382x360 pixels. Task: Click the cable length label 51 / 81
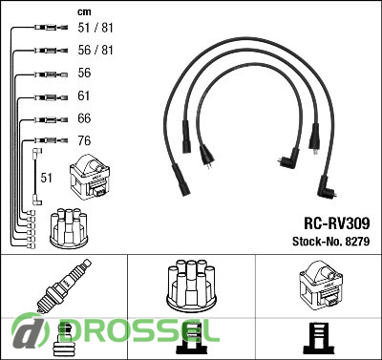pos(95,28)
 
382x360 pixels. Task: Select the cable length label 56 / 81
pos(95,50)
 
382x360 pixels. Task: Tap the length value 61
pos(84,95)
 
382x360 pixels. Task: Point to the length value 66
pos(84,118)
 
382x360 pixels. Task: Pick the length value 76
pos(84,140)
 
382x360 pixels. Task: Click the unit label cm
pos(84,12)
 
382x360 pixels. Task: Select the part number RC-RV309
pos(337,223)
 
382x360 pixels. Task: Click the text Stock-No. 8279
pos(331,242)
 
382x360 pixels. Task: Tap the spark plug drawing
pos(64,286)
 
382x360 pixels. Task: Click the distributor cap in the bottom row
pos(191,286)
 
